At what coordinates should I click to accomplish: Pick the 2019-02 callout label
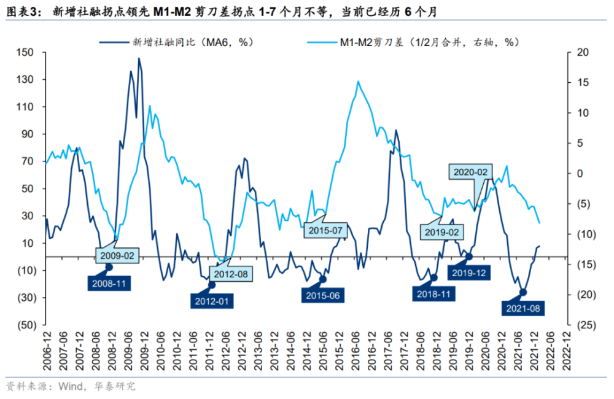tap(442, 232)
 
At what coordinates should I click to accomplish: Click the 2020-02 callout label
tap(470, 173)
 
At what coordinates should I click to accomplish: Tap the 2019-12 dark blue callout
tap(470, 273)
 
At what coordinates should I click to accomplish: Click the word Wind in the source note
tap(71, 386)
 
